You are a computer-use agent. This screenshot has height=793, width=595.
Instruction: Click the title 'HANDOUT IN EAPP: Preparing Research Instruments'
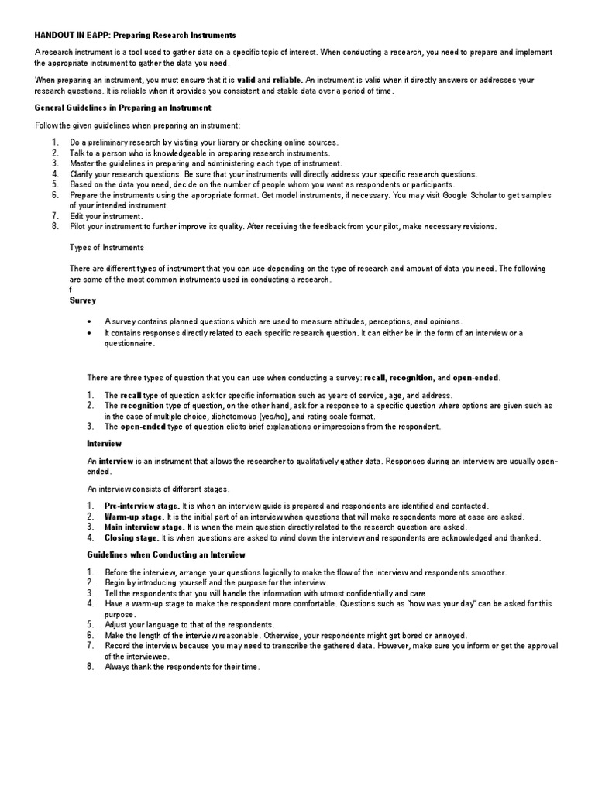pyautogui.click(x=136, y=36)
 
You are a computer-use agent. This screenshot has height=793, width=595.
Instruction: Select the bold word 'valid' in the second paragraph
pyautogui.click(x=246, y=80)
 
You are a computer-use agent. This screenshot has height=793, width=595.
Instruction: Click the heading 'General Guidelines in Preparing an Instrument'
pyautogui.click(x=123, y=108)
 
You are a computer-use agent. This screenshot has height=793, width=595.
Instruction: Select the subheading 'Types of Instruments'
pyautogui.click(x=106, y=248)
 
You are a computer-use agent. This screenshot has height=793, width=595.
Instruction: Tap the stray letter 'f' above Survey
pyautogui.click(x=71, y=290)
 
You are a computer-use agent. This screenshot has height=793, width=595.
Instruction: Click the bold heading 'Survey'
pyautogui.click(x=83, y=300)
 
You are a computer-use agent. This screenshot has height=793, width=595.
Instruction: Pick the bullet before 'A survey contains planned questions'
pyautogui.click(x=91, y=321)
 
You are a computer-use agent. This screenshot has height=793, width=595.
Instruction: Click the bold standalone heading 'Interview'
pyautogui.click(x=104, y=444)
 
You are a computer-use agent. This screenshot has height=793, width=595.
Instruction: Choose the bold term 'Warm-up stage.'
pyautogui.click(x=134, y=517)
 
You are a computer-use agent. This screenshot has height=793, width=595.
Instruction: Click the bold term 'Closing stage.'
pyautogui.click(x=132, y=537)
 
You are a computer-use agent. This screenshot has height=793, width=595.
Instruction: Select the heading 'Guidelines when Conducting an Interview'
pyautogui.click(x=166, y=554)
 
